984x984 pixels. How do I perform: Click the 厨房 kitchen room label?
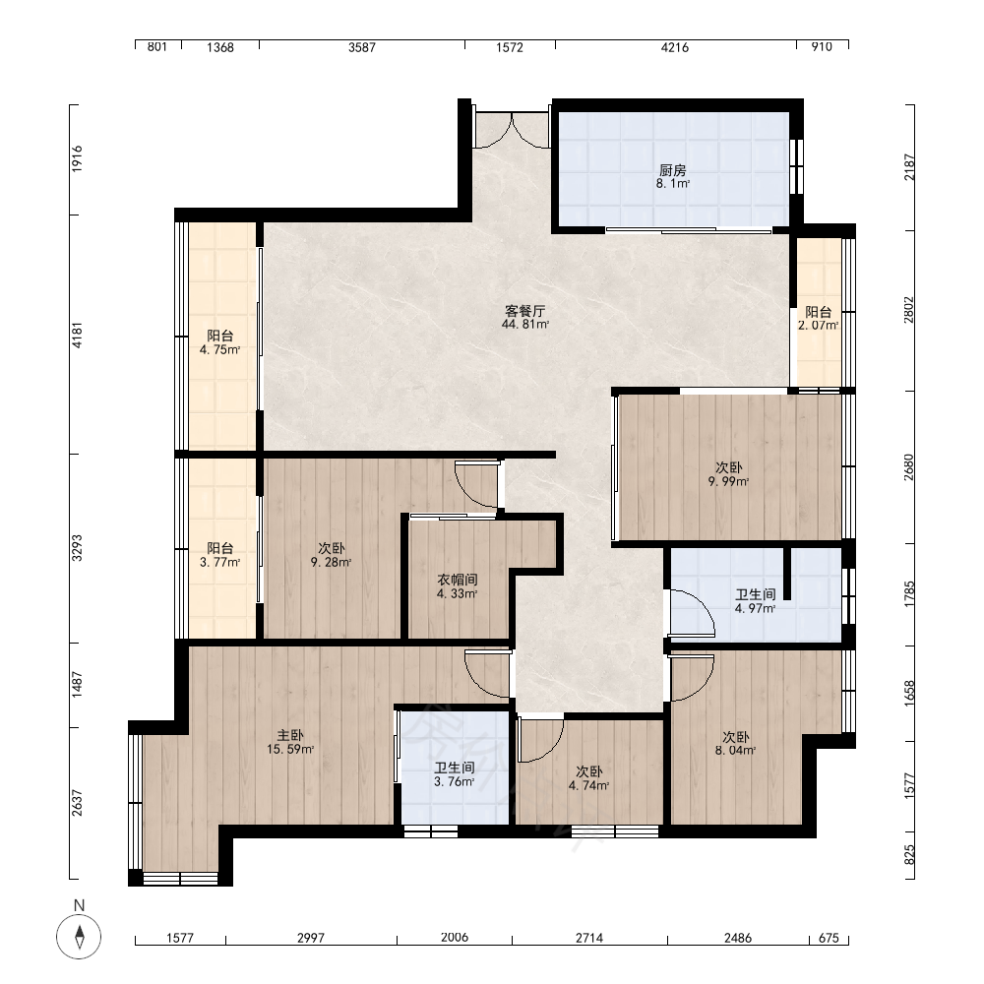coord(672,170)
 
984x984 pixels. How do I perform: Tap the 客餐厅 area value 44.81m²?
coord(525,325)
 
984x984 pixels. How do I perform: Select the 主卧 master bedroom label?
coord(290,735)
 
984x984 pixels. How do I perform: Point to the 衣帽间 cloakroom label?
coord(458,580)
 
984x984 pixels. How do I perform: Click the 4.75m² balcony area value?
coord(219,349)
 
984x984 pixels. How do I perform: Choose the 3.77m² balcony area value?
coord(219,562)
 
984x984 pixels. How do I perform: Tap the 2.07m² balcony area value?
coord(819,325)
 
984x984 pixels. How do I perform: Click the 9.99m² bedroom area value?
coord(728,481)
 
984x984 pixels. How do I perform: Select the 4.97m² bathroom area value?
coord(755,608)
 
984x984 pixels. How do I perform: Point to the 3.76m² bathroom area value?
coord(454,781)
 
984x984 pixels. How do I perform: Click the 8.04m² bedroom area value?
coord(735,750)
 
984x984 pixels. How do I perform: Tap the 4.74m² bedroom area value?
coord(588,785)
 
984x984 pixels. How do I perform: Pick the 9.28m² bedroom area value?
coord(331,562)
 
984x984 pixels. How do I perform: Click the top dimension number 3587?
coord(362,47)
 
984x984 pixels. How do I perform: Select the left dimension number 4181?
coord(77,336)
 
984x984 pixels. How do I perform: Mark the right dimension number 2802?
coord(909,310)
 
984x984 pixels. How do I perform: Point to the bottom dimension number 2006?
coord(455,937)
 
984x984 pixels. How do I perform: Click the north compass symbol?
coord(79,936)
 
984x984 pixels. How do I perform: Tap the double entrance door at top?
coord(512,131)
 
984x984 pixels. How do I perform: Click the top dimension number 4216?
coord(675,47)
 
